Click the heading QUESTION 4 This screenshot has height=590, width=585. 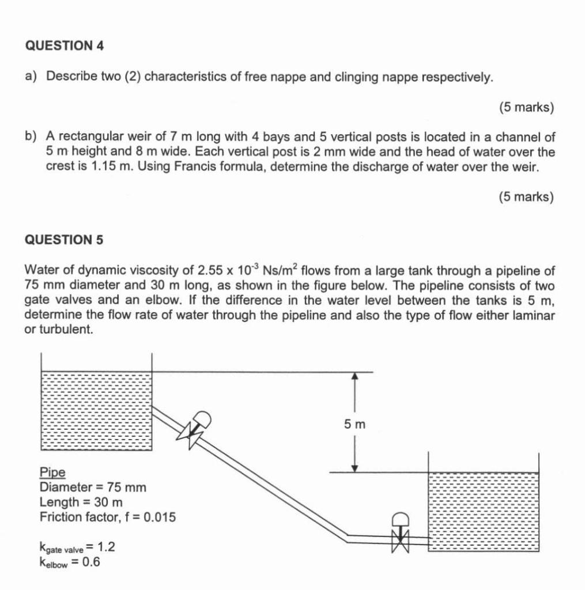[x=65, y=47]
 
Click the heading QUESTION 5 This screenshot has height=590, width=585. [x=65, y=240]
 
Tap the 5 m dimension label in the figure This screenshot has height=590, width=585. [x=355, y=425]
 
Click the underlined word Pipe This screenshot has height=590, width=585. [x=52, y=472]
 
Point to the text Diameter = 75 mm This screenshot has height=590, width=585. [x=93, y=487]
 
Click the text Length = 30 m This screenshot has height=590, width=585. [x=81, y=502]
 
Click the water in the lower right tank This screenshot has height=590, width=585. [x=483, y=510]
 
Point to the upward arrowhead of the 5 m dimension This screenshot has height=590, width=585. [x=355, y=376]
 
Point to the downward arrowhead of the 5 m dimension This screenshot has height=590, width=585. [x=355, y=467]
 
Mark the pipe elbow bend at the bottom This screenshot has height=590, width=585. [x=346, y=536]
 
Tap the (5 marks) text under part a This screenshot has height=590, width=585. [x=526, y=107]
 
